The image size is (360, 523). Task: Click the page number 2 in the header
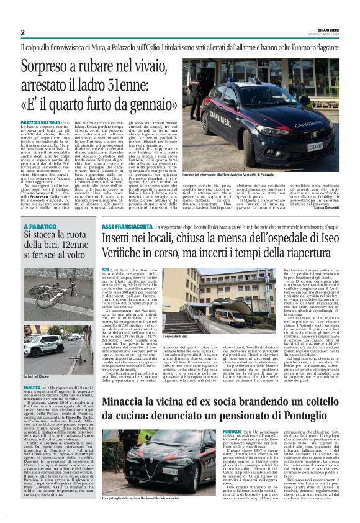tap(22, 32)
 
